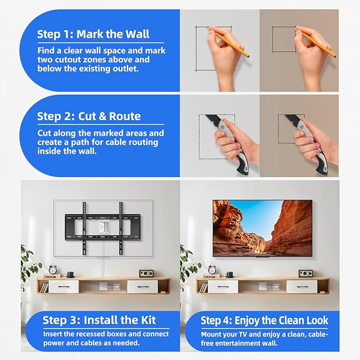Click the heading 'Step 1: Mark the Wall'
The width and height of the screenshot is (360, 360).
(x=93, y=34)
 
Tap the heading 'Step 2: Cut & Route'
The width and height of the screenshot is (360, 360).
(x=89, y=116)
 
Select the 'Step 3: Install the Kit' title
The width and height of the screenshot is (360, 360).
(x=99, y=320)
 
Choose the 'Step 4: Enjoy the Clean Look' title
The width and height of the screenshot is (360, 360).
(x=265, y=320)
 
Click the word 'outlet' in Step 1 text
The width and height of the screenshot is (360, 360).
(x=126, y=69)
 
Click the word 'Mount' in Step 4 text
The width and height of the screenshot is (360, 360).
(x=212, y=334)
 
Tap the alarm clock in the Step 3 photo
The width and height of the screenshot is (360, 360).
(x=54, y=269)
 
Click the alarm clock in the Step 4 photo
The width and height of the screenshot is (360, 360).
(x=213, y=269)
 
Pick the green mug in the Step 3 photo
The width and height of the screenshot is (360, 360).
(x=69, y=274)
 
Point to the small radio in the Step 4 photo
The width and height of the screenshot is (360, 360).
(x=305, y=273)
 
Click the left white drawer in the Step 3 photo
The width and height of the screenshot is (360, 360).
(x=64, y=286)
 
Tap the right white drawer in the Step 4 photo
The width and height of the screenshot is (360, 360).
(x=302, y=286)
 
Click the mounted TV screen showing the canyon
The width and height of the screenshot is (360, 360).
(x=262, y=227)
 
